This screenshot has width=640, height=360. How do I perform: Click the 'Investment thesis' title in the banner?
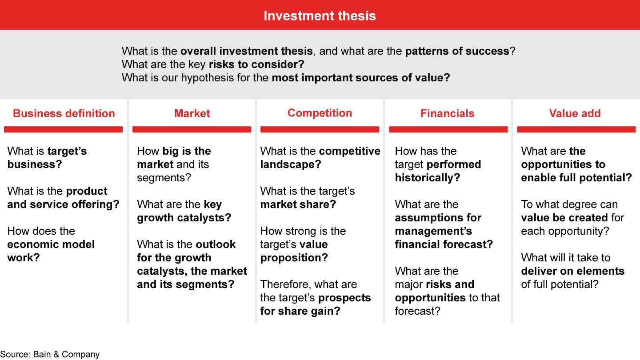tap(320, 16)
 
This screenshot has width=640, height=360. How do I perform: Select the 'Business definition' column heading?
tap(64, 113)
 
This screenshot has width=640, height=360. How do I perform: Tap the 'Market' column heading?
tap(192, 113)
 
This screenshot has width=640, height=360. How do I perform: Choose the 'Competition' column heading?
tap(320, 113)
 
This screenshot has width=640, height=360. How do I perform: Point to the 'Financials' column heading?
tap(447, 113)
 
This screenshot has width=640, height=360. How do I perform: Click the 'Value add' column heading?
tap(575, 113)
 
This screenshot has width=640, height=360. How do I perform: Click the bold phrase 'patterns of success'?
tap(457, 51)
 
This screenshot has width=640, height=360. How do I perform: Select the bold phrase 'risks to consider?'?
tap(256, 64)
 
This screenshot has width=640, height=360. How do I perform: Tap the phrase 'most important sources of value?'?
tap(361, 78)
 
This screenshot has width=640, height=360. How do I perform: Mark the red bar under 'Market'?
tap(192, 129)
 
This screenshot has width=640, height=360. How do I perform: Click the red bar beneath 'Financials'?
tap(448, 129)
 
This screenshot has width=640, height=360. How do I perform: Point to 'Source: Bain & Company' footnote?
tap(50, 354)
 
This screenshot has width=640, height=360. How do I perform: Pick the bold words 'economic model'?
tap(51, 244)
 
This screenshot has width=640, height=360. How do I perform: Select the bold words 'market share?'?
tap(298, 204)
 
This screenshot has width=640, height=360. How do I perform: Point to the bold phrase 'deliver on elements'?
tap(572, 271)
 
